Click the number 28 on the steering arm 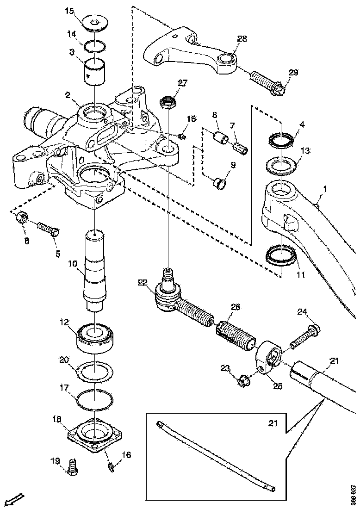pyautogui.click(x=242, y=38)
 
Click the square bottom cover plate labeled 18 pyautogui.click(x=95, y=435)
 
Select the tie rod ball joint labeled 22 pyautogui.click(x=169, y=293)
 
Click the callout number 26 pyautogui.click(x=236, y=307)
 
